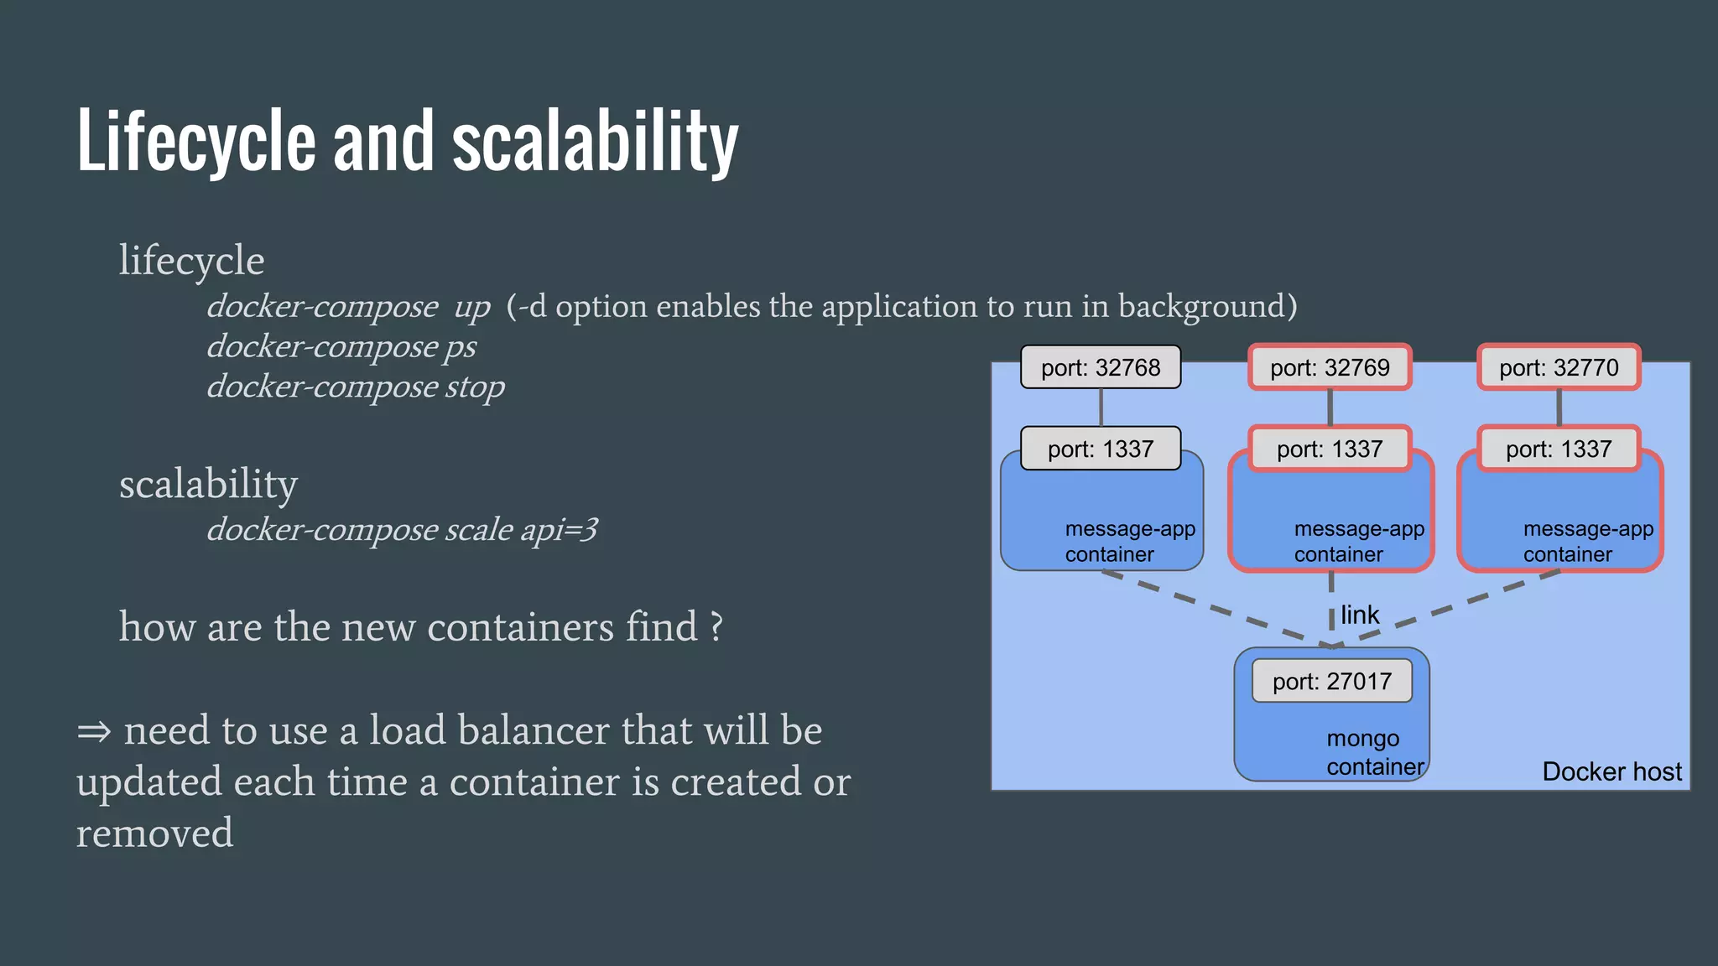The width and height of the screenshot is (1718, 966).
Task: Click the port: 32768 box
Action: point(1100,367)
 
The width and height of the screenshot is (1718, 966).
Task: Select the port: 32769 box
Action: point(1330,367)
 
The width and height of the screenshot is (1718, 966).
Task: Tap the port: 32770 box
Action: point(1559,367)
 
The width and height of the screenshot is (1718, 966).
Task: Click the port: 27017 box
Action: point(1331,681)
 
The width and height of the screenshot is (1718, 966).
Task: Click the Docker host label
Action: point(1611,771)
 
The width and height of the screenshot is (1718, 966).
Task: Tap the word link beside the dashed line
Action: point(1359,615)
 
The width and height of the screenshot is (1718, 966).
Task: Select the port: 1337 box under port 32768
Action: point(1100,449)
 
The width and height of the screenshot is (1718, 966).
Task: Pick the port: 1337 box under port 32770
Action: point(1559,449)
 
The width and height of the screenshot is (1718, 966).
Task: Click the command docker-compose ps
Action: point(341,346)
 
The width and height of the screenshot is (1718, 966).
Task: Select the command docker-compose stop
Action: point(356,387)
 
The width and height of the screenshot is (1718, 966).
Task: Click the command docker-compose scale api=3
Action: point(402,529)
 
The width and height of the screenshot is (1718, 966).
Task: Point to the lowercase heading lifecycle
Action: point(191,260)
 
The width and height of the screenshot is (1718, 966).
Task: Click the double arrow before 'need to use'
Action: point(93,731)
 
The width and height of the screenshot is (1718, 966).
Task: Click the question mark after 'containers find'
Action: point(716,627)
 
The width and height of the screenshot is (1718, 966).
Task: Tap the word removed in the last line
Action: point(154,833)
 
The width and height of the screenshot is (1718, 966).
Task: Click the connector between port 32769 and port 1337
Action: point(1330,408)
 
